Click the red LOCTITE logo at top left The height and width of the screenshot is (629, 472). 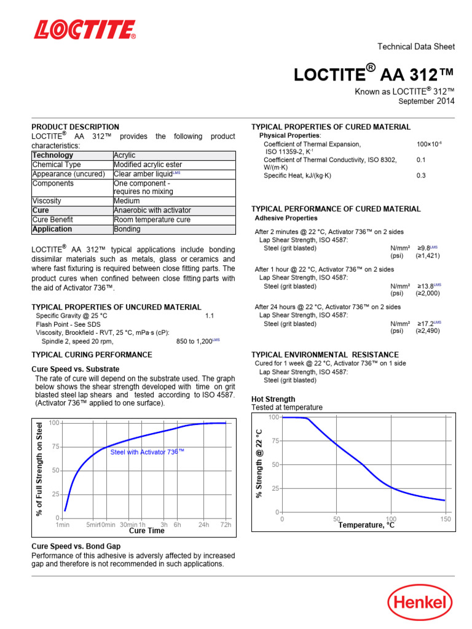tap(85, 29)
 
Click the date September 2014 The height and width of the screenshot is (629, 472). tap(427, 101)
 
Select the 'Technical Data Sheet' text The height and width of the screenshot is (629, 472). tap(415, 47)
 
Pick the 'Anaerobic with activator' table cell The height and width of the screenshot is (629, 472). tap(152, 210)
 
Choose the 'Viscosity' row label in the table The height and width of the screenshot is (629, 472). tap(47, 201)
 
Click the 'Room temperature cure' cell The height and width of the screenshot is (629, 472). tap(152, 219)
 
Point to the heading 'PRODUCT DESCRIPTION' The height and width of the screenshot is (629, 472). tap(75, 127)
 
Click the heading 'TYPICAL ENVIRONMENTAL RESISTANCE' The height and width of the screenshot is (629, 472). tap(325, 355)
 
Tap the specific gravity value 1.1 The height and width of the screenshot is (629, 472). tap(209, 316)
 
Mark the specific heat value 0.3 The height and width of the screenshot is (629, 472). tap(421, 176)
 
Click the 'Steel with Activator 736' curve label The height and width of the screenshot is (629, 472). tap(147, 451)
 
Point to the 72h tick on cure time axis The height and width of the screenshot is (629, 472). tap(225, 525)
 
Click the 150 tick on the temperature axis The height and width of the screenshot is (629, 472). tap(446, 519)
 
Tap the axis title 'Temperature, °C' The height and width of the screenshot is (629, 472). tap(366, 525)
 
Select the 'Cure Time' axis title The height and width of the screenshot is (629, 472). tap(146, 531)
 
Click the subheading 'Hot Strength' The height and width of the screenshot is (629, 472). tap(273, 399)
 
